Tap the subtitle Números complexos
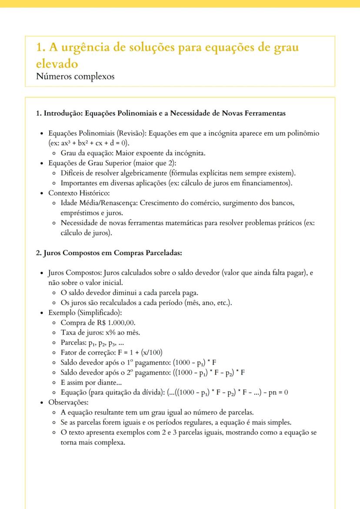coord(75,77)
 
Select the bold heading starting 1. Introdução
coord(160,113)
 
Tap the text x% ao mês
coord(119,333)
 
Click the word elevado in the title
coord(57,63)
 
